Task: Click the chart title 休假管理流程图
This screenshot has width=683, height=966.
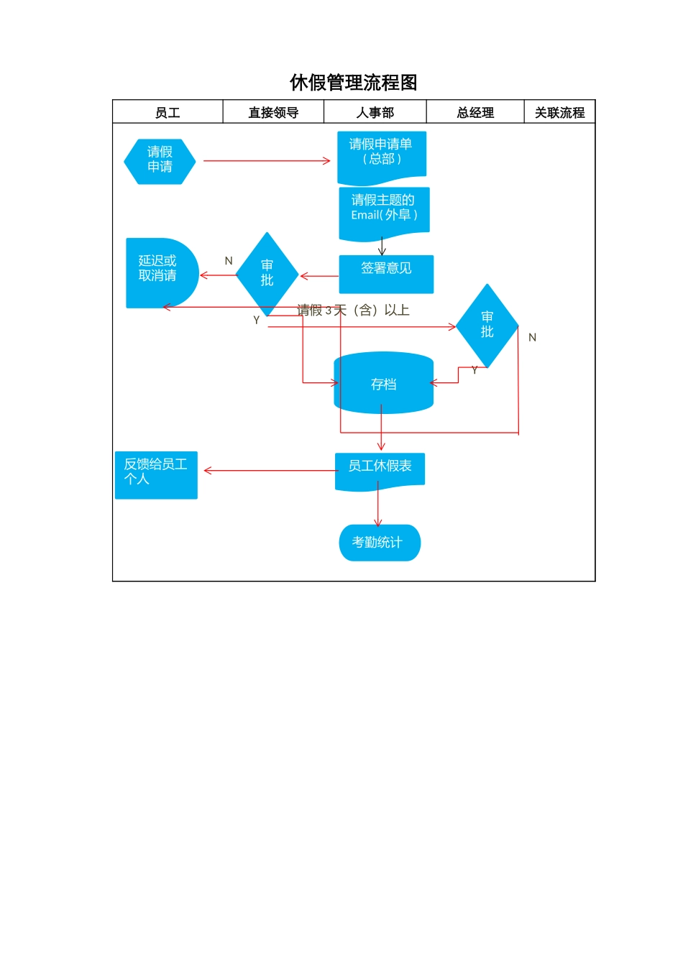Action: (x=353, y=83)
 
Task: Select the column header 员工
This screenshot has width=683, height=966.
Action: (x=168, y=113)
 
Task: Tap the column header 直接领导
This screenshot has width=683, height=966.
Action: (x=273, y=113)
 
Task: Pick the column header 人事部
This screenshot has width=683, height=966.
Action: (x=375, y=113)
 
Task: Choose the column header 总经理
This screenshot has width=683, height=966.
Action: (x=475, y=113)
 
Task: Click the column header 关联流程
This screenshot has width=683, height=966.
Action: (x=559, y=113)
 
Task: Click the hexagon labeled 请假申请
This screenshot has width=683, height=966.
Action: (x=160, y=161)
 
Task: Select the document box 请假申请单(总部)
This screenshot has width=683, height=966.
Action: (x=382, y=155)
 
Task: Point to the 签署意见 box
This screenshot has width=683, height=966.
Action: (x=386, y=274)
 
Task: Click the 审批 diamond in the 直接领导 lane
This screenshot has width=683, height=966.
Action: (x=267, y=274)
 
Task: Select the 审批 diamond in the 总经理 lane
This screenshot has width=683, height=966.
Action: (x=487, y=326)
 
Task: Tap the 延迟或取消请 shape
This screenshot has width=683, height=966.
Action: (x=160, y=272)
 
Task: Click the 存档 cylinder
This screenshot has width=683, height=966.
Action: (x=383, y=383)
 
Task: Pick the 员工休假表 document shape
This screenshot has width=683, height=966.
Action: (x=380, y=470)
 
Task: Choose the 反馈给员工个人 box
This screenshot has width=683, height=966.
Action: (x=156, y=474)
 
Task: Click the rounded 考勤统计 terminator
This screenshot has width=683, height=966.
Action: (x=380, y=543)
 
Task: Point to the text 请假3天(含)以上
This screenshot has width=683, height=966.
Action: (x=353, y=310)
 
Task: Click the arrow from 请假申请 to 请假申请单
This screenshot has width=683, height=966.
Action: (x=266, y=161)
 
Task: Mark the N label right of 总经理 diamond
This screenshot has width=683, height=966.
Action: (x=532, y=338)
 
